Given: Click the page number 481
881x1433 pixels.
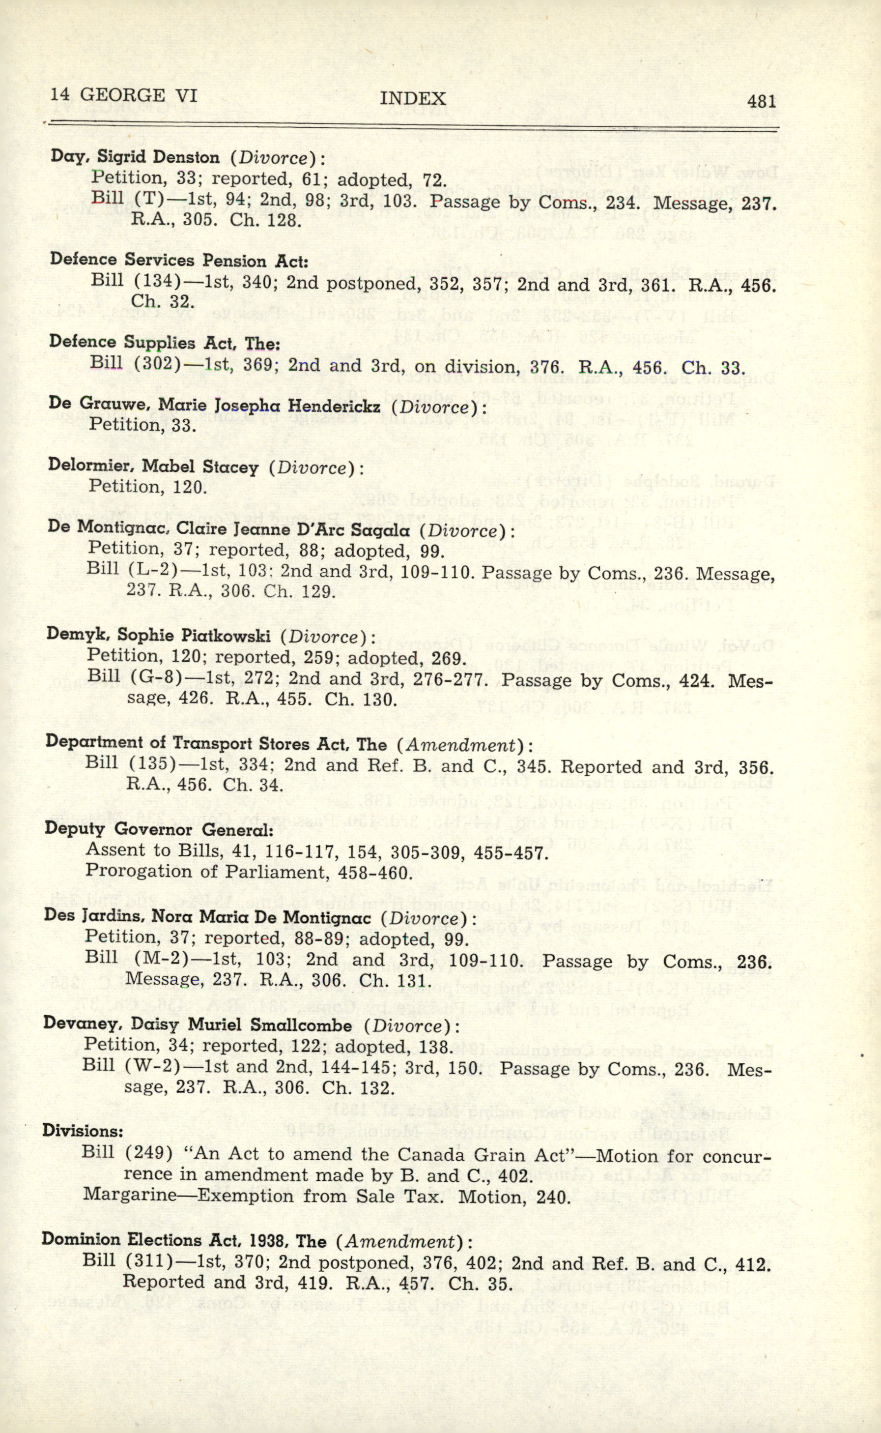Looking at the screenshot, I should tap(761, 101).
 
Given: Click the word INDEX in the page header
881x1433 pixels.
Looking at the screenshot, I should tap(413, 98).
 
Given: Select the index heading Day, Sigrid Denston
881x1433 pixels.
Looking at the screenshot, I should tap(135, 157).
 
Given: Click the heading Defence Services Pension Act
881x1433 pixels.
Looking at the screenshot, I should tap(179, 260).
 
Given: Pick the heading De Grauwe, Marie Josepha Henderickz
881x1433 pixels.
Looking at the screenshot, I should tap(214, 405).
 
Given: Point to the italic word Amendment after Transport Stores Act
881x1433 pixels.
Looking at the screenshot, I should tap(460, 744).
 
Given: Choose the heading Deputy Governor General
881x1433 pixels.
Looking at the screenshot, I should tap(159, 829).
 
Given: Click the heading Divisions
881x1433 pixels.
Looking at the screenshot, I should tap(82, 1131).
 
